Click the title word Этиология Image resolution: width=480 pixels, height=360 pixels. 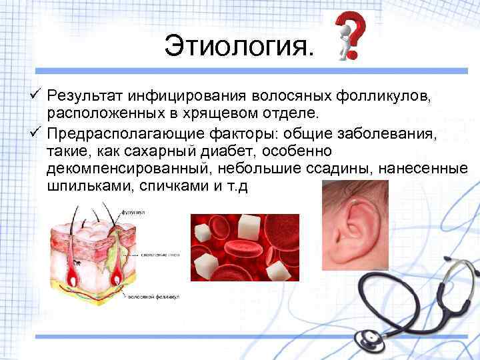(x=237, y=47)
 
